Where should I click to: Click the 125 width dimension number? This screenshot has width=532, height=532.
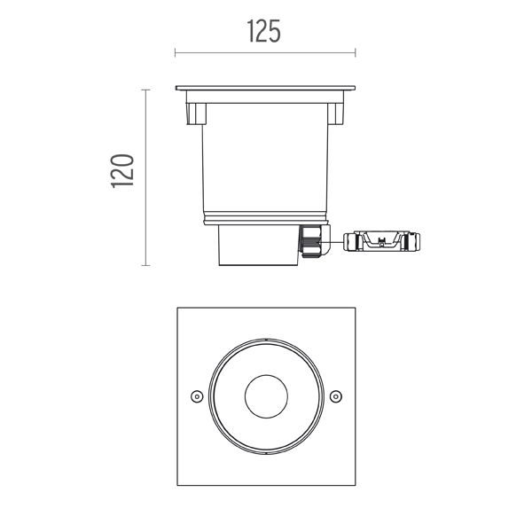(263, 31)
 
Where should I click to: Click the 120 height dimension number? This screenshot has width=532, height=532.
(122, 171)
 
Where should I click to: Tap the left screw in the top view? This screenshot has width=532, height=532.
(197, 396)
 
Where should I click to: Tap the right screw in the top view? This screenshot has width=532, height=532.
(336, 396)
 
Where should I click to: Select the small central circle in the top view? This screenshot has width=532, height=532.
(266, 396)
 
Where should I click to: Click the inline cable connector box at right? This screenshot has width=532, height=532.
(381, 241)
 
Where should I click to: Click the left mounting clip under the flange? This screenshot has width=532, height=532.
(196, 113)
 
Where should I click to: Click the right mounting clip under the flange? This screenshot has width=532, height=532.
(335, 113)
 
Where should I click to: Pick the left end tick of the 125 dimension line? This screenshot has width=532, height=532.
(175, 52)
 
